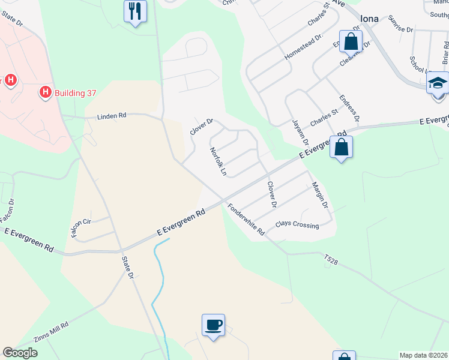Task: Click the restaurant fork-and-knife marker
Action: (135, 11)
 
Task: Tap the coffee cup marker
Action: (213, 326)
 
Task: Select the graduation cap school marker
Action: (438, 83)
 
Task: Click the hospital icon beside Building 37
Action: (45, 92)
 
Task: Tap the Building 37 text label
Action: (75, 93)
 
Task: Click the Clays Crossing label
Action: (297, 224)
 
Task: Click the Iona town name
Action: (369, 19)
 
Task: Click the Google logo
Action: (20, 353)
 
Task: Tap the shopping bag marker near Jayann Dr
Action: (341, 148)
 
